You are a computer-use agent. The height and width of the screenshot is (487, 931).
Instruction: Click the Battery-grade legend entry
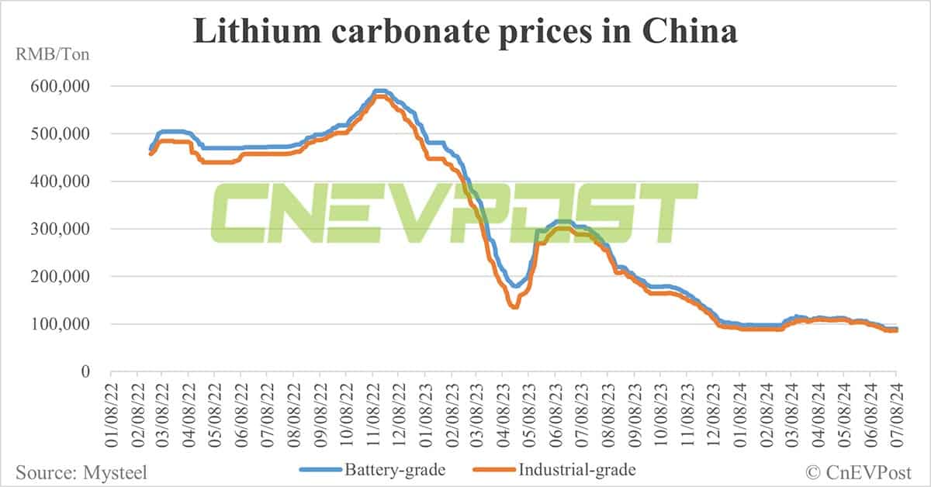point(352,470)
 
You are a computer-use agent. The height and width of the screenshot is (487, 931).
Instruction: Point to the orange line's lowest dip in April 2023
point(514,306)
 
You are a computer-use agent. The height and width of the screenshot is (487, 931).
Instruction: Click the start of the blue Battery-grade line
point(151,148)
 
